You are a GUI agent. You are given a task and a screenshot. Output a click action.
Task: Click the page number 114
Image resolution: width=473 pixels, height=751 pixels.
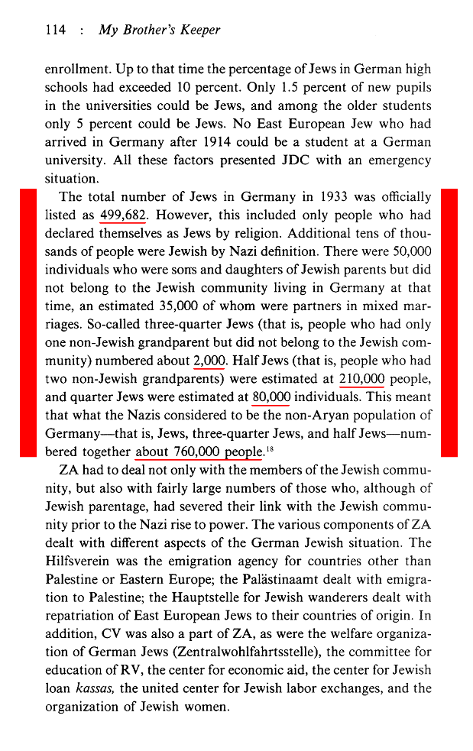[x=56, y=31]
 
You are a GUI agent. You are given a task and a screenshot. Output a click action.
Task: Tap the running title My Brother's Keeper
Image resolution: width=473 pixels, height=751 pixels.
[x=160, y=31]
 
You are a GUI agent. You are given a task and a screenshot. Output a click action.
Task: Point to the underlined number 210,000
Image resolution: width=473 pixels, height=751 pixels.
[x=361, y=379]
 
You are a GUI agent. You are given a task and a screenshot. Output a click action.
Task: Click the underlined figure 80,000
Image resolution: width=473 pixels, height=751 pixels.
[x=272, y=397]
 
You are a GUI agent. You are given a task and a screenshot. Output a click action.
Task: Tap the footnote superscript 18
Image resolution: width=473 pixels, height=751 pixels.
[x=270, y=448]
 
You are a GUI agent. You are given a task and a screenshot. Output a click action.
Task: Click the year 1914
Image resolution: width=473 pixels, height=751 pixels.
[x=222, y=142]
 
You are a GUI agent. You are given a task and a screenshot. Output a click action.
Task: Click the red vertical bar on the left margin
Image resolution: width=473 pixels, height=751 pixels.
[x=28, y=323]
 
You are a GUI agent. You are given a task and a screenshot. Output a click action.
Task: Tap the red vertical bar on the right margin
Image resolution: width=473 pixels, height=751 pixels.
[x=449, y=323]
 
